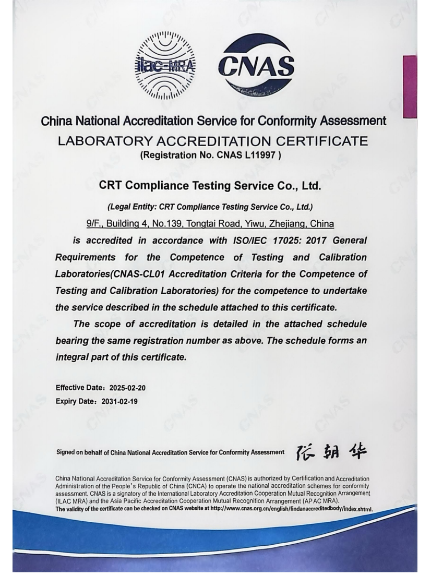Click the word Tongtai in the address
[201, 224]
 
